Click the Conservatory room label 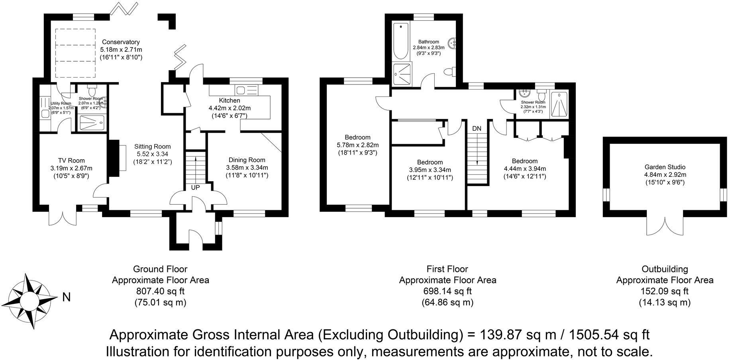[121, 42]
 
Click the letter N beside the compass [67, 297]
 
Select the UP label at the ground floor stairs [195, 187]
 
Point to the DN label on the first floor [477, 129]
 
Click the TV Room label [71, 161]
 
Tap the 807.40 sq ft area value [160, 291]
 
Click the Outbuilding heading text [665, 269]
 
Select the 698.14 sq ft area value [447, 291]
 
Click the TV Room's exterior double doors [63, 217]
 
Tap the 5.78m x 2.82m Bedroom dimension [357, 145]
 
